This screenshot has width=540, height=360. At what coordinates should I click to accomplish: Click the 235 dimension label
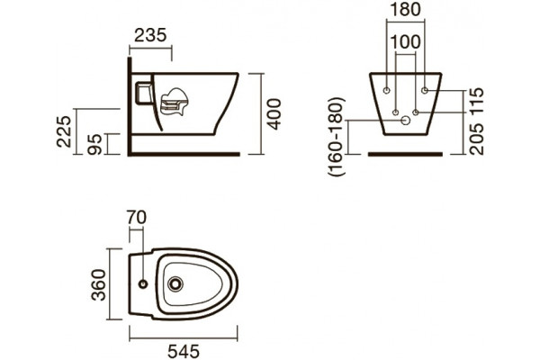point(150,35)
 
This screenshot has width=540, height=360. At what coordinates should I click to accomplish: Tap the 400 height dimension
point(274,114)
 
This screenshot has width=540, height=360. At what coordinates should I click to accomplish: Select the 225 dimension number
point(64,131)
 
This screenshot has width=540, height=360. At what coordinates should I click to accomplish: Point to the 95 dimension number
point(94,144)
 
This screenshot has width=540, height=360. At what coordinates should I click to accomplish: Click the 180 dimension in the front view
point(405,9)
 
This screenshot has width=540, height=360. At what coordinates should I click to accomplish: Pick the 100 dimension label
point(405,41)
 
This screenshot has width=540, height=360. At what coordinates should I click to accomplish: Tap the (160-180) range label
point(337,137)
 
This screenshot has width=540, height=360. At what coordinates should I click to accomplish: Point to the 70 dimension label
point(137,218)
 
